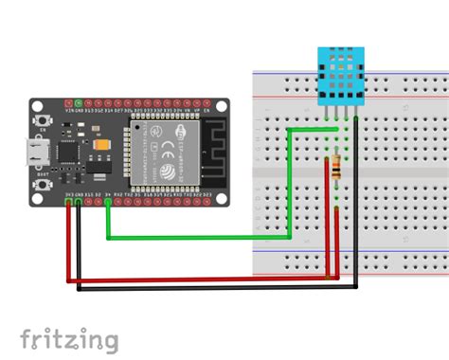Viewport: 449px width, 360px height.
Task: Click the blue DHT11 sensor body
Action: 338,75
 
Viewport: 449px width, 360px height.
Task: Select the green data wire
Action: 199,236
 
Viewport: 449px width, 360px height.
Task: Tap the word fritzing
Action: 68,338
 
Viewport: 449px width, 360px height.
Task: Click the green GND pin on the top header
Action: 78,102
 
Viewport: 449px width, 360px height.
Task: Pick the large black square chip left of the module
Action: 69,152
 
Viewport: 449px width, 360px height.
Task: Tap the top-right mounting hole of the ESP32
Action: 220,103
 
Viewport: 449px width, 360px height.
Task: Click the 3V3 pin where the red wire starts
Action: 68,199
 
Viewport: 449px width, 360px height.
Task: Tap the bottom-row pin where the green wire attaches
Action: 108,199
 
